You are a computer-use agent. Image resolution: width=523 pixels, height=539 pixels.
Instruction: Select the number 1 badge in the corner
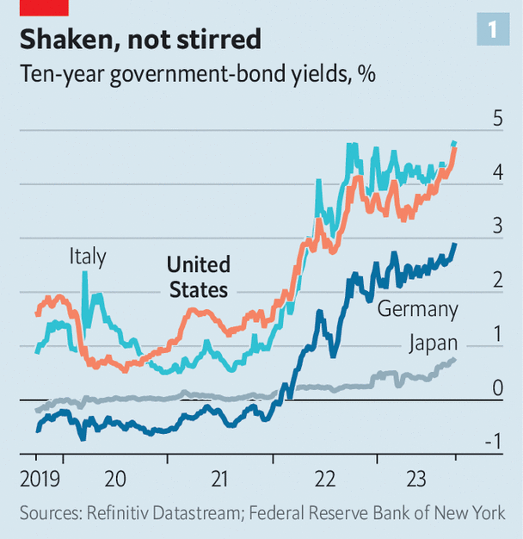pos(493,31)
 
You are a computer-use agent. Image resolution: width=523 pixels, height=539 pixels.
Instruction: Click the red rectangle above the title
pos(45,7)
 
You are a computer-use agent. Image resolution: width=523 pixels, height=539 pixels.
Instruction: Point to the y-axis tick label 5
pos(497,119)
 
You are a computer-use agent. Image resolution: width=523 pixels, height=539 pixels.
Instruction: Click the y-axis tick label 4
pos(497,173)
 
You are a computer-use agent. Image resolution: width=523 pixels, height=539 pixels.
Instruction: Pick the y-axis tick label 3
pos(497,226)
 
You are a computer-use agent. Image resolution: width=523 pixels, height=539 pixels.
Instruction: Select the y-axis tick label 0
pos(497,388)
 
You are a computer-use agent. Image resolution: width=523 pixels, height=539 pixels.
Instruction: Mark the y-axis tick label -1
pos(494,443)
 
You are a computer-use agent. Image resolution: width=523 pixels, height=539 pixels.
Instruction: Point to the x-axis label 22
pos(324,479)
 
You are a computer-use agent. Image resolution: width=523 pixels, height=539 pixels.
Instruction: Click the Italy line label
pos(88,257)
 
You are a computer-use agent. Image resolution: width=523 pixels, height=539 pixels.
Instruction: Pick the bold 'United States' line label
pos(198,276)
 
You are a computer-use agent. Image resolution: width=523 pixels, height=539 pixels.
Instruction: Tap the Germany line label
pos(418,309)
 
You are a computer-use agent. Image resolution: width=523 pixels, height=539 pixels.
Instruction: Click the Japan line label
pos(432,343)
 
